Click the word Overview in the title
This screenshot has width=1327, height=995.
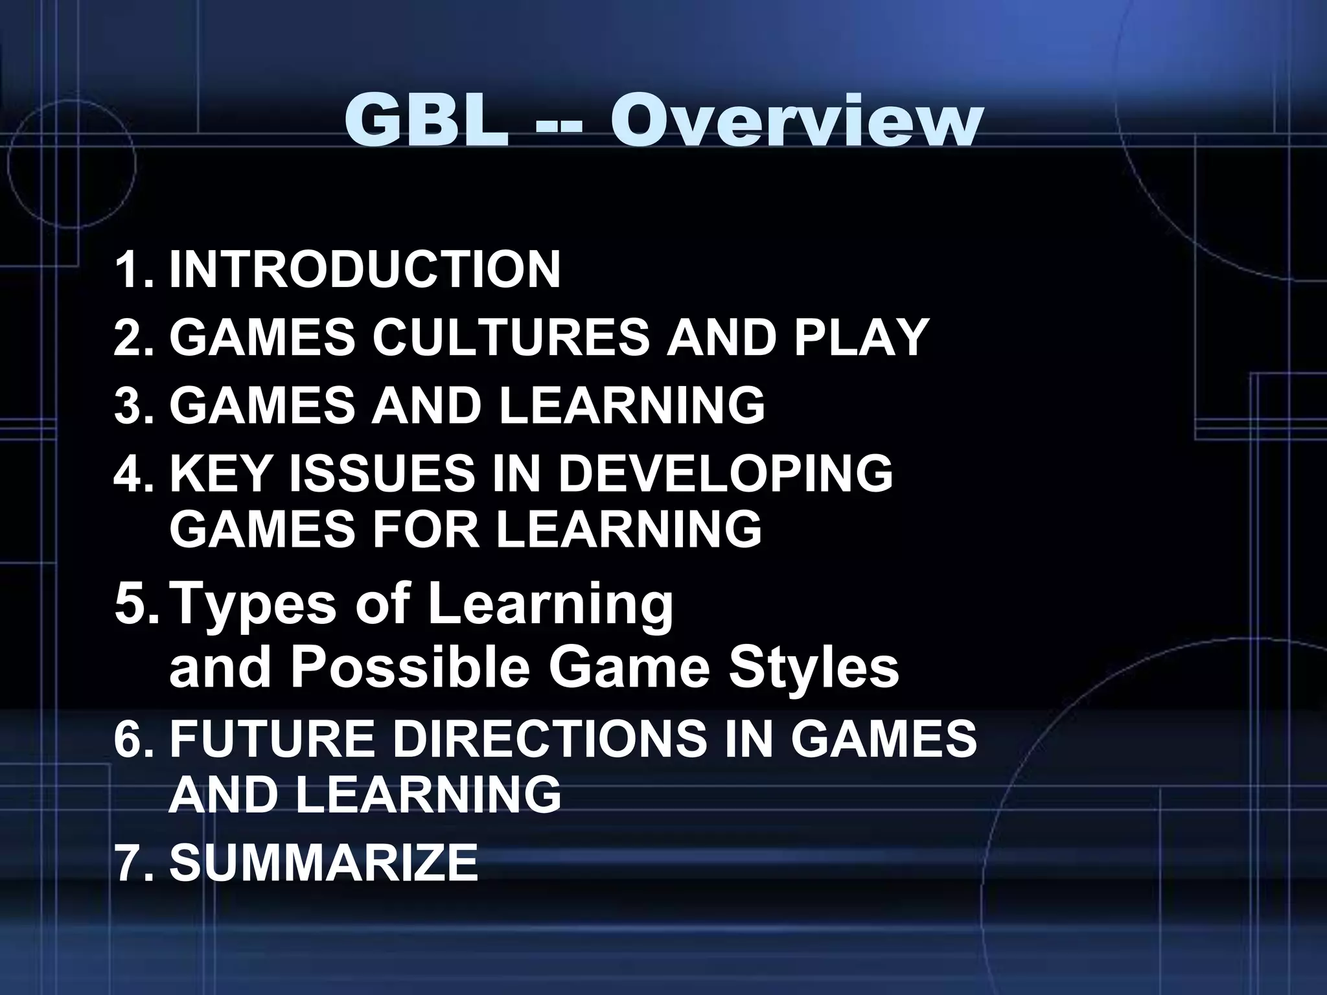pos(796,120)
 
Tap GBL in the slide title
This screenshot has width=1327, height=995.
pos(426,120)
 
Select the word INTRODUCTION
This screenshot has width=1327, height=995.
pos(365,269)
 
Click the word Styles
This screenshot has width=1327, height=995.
pos(814,669)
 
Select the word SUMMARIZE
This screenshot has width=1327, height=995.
pos(324,862)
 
